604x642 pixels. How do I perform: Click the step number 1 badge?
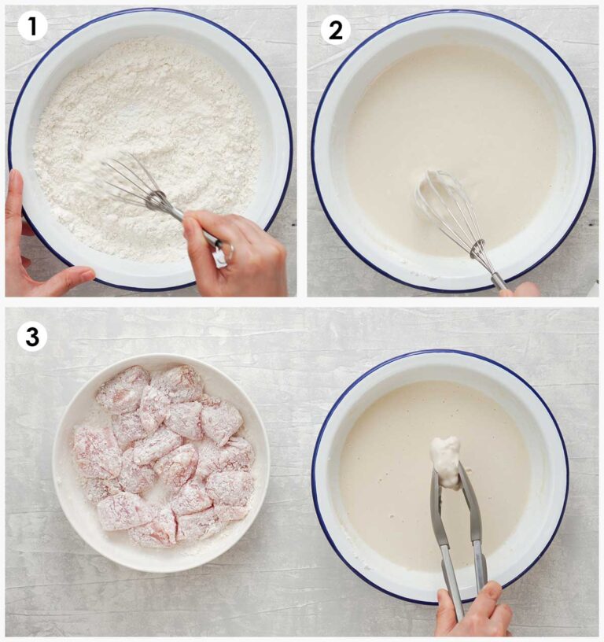32,28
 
